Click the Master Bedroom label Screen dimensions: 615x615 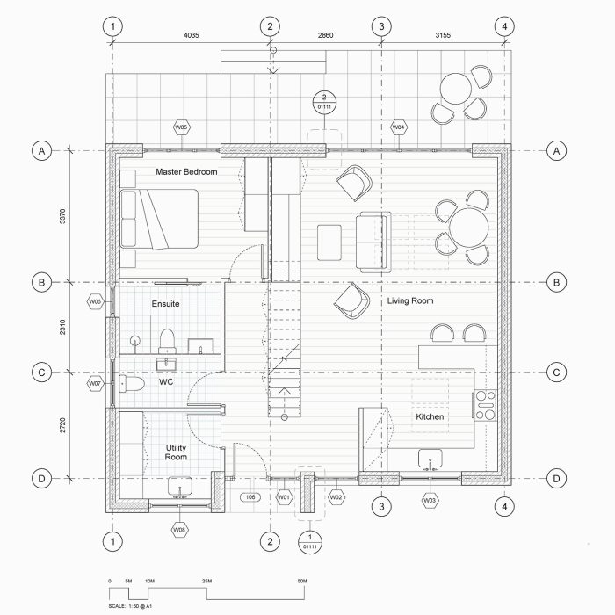186,172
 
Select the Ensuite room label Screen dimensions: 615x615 165,304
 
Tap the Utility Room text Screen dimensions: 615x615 176,452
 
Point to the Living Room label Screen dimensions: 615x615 410,300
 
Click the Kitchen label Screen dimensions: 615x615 430,416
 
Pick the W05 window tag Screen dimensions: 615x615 182,127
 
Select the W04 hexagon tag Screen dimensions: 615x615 399,127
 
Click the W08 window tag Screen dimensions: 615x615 179,530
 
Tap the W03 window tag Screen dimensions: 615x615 430,501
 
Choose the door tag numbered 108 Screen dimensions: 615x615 250,497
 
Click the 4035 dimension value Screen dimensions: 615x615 191,36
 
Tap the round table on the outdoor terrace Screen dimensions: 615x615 456,89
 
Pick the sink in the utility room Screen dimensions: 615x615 182,486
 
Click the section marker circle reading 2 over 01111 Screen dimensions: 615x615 324,102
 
